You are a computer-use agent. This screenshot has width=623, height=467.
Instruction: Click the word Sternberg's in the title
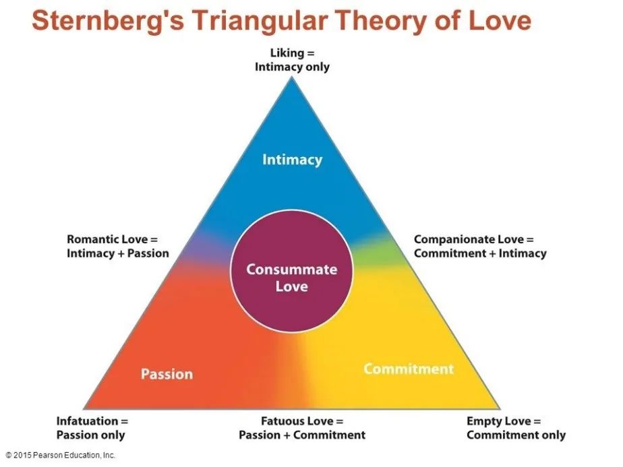108,21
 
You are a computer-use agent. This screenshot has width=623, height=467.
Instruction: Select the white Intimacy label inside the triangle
293,160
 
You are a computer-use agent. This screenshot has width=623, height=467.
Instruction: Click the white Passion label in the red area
167,374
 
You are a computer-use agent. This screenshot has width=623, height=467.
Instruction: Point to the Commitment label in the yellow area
409,369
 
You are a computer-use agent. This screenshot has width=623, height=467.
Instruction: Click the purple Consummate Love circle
292,271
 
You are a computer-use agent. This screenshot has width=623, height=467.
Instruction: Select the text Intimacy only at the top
292,67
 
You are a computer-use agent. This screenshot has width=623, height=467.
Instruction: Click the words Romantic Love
107,239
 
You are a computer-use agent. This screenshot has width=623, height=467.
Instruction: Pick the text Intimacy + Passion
118,253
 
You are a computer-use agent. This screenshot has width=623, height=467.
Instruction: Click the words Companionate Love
469,239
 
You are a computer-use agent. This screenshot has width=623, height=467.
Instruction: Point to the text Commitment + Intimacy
480,253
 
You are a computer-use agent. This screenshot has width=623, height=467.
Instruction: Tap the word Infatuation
88,421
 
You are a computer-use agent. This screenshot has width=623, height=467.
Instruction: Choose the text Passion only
90,435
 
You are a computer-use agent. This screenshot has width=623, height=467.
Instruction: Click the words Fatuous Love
297,421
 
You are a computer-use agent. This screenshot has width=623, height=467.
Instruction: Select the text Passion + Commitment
302,435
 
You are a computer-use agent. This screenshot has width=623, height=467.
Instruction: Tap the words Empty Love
499,421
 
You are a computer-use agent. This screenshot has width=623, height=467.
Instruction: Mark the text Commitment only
516,435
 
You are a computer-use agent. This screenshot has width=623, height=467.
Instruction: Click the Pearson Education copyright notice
61,455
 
